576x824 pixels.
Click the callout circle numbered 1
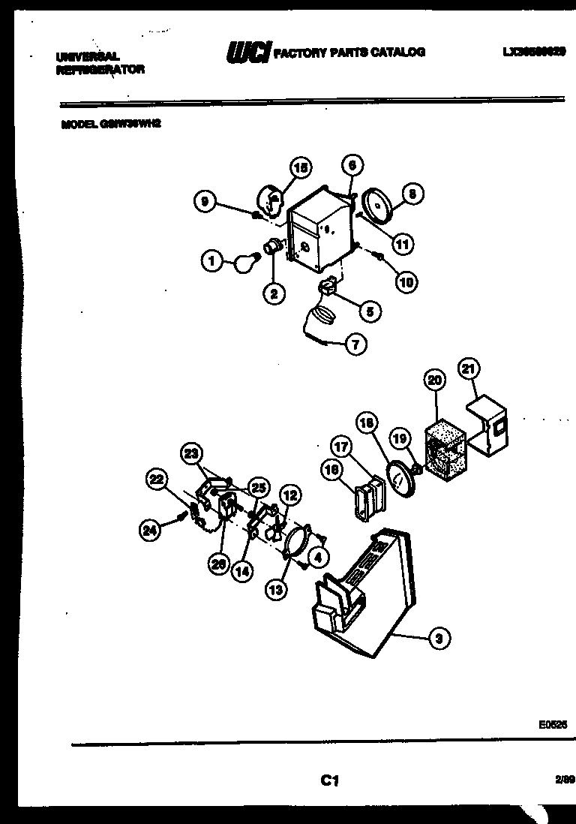click(x=212, y=261)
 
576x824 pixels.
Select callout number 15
click(x=301, y=168)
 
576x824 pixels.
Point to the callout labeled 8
click(x=412, y=194)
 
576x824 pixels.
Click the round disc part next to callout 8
click(x=374, y=204)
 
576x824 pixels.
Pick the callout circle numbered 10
click(x=405, y=281)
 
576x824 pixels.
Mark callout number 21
click(x=469, y=369)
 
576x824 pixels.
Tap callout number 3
click(x=439, y=639)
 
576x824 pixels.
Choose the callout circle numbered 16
click(x=332, y=470)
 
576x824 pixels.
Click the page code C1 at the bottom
click(x=328, y=781)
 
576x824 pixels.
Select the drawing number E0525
click(x=552, y=725)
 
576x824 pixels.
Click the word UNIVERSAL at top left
click(x=88, y=57)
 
